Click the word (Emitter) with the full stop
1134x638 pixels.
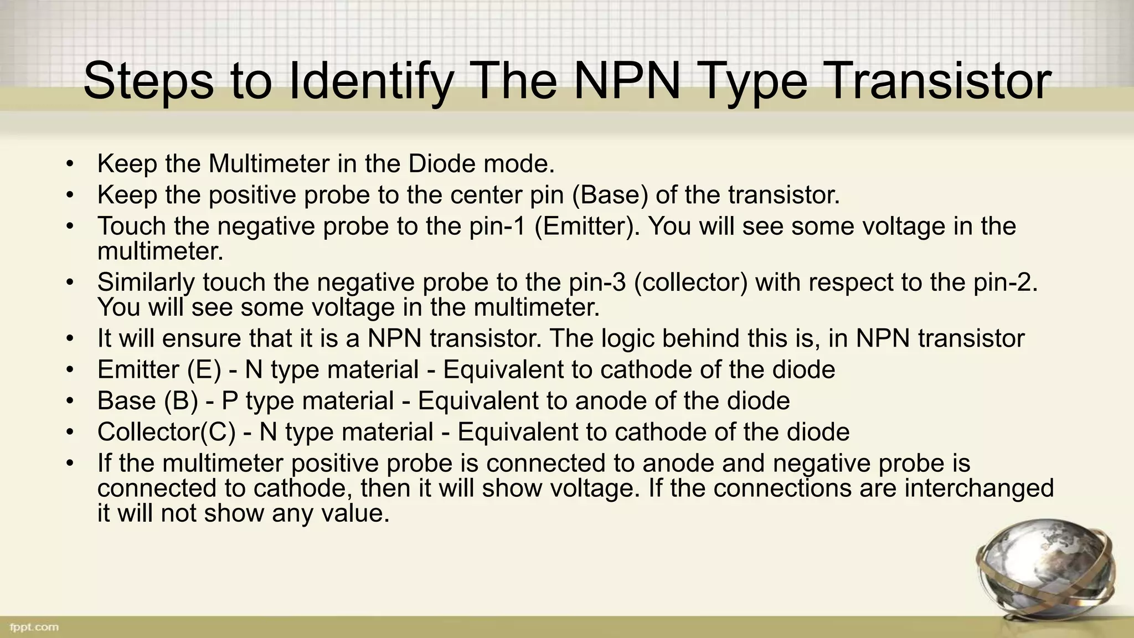coord(587,227)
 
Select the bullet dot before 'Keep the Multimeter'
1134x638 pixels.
coord(69,164)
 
